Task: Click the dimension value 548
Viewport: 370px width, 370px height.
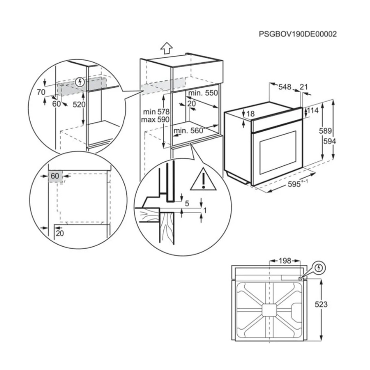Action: point(285,87)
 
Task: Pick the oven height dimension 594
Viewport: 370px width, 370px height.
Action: point(340,141)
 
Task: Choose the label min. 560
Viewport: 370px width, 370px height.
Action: point(188,130)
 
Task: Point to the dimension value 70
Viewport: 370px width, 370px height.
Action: point(41,92)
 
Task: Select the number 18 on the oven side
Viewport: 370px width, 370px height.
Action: point(251,114)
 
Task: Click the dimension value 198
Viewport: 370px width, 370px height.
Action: point(285,260)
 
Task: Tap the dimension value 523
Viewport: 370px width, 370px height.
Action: point(321,304)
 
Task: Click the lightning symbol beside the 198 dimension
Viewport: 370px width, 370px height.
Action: point(320,267)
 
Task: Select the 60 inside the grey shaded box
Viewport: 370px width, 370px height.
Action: point(54,176)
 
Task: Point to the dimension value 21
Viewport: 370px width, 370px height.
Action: point(303,87)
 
